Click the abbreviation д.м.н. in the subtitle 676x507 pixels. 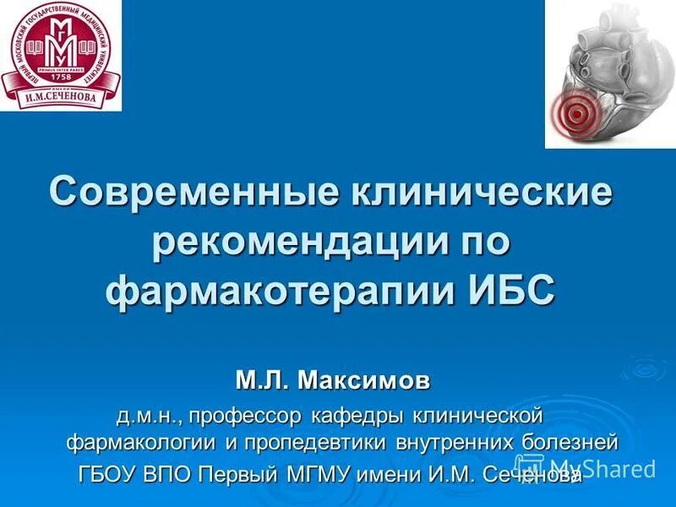pyautogui.click(x=150, y=416)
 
